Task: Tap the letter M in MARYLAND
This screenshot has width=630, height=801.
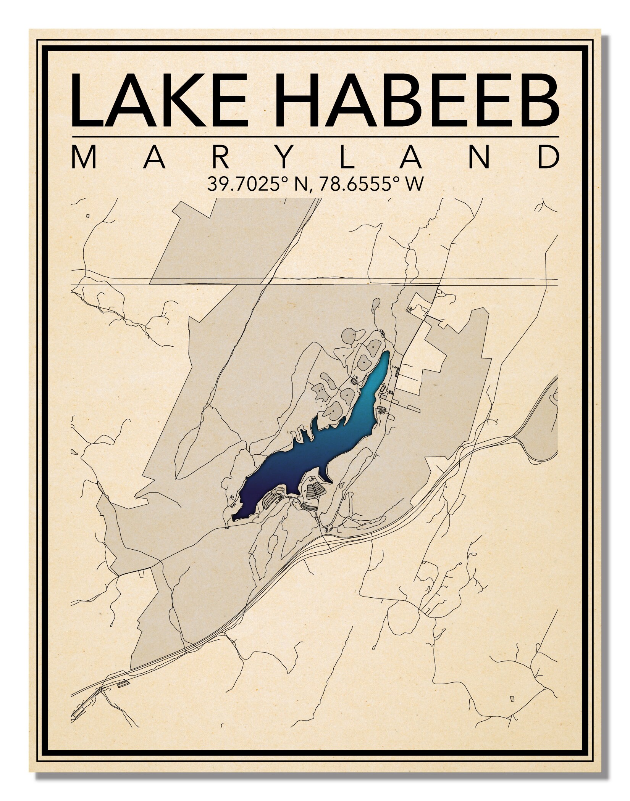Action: tap(83, 158)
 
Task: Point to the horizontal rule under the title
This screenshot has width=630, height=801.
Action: tap(315, 136)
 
